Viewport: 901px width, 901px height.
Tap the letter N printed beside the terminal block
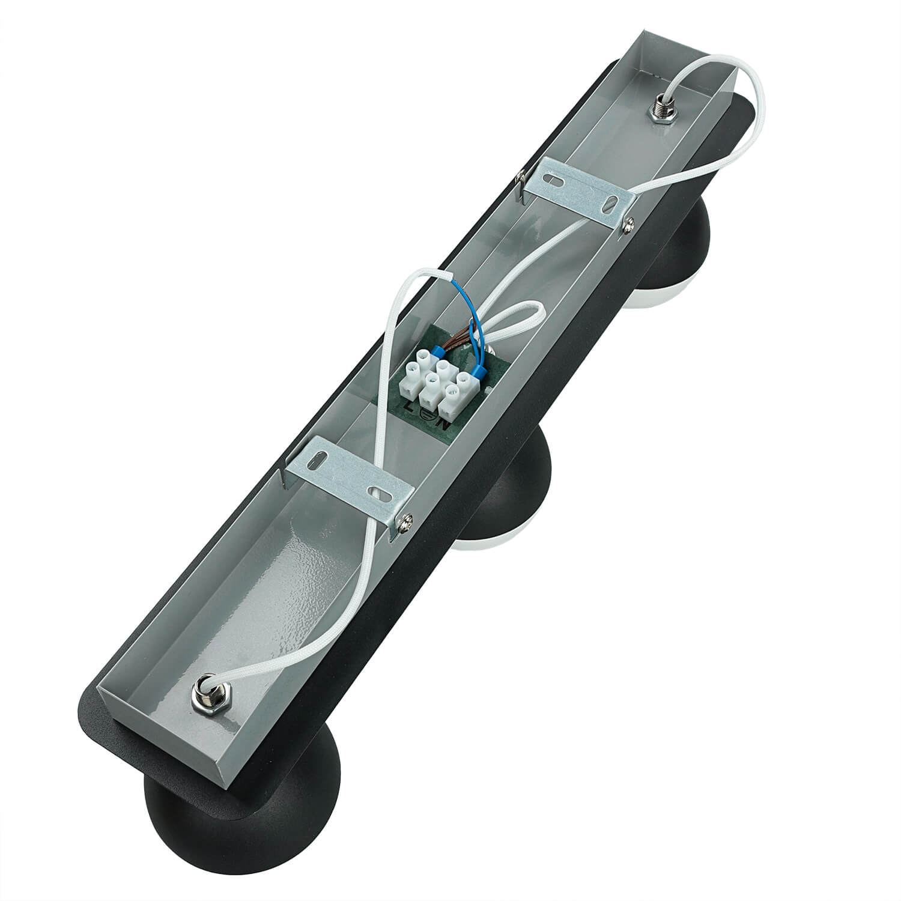click(444, 423)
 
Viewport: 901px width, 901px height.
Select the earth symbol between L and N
click(427, 414)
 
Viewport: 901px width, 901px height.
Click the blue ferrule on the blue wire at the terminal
click(479, 374)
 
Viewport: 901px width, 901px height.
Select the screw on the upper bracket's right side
click(629, 223)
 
